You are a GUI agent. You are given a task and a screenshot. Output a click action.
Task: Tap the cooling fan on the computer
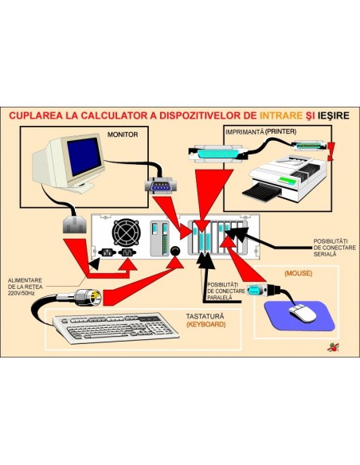[x=125, y=232]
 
